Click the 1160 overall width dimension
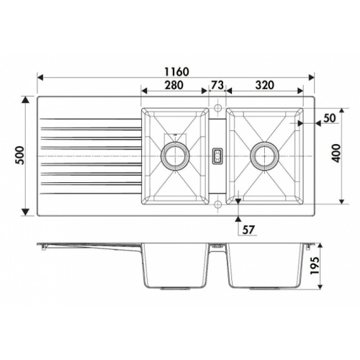(177, 71)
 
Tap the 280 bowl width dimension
(174, 85)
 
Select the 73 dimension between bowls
(217, 85)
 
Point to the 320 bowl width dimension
(264, 85)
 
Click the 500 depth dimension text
(20, 156)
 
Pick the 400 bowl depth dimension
(336, 153)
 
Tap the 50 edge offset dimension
(330, 118)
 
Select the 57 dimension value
(248, 230)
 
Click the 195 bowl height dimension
(315, 266)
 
